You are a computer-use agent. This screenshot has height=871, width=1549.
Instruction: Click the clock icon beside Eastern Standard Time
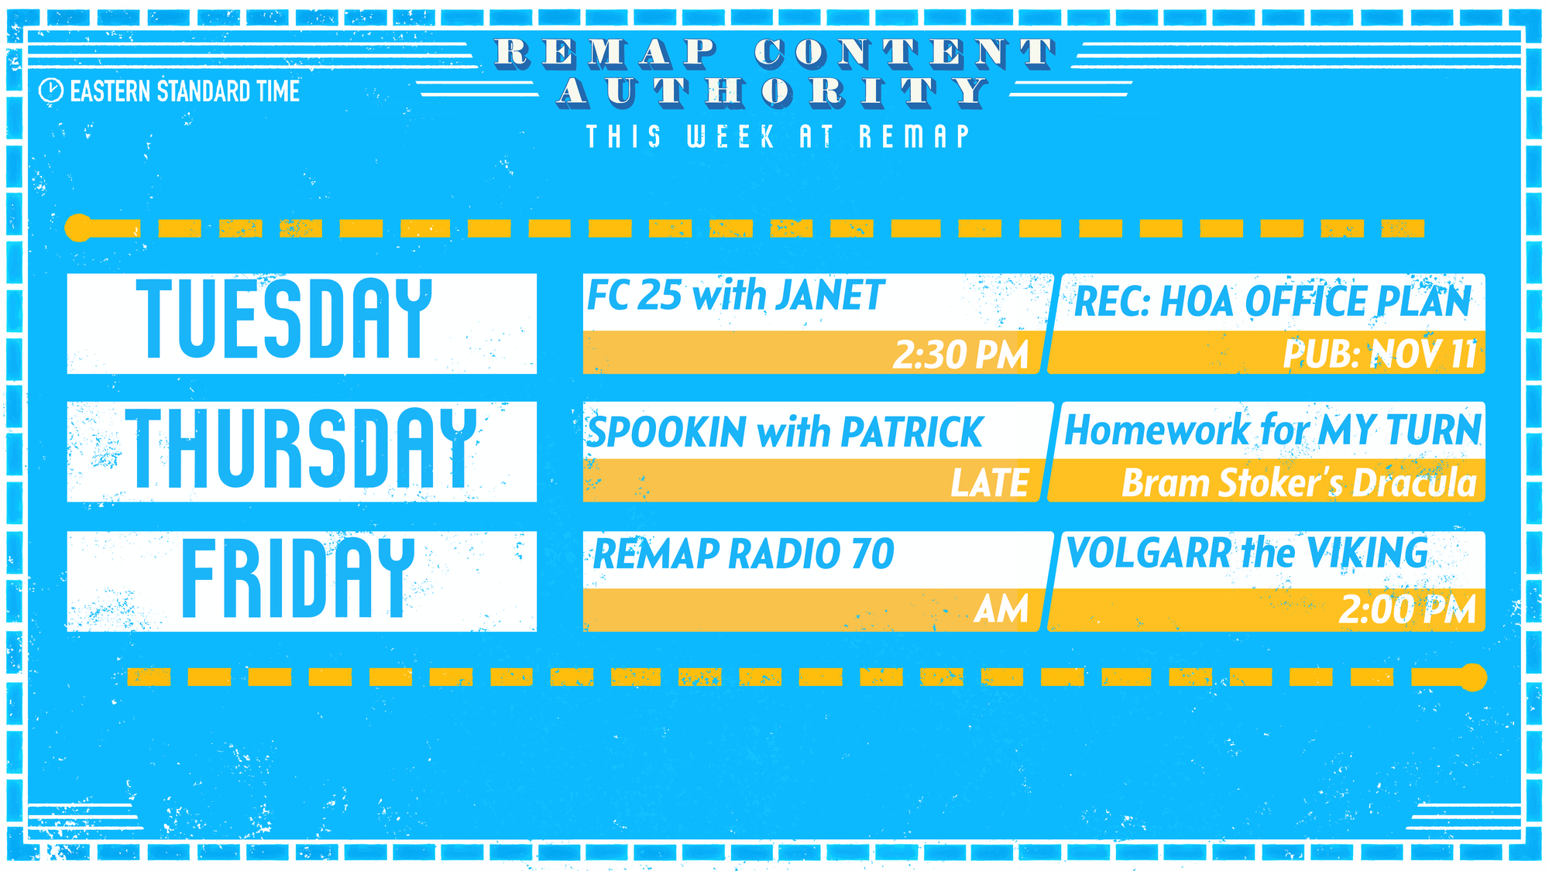click(x=50, y=91)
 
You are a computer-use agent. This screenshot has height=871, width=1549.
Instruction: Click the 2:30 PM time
click(x=960, y=355)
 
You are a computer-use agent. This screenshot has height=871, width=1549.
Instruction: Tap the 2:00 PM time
click(x=1407, y=609)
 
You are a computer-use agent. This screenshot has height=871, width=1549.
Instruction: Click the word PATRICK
click(x=912, y=432)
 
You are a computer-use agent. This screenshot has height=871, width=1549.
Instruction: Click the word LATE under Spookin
click(x=990, y=482)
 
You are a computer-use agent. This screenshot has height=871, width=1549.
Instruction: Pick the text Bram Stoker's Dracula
click(x=1300, y=482)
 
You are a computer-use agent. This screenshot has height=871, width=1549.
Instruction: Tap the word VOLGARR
click(x=1149, y=553)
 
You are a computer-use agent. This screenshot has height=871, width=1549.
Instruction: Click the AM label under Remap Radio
click(x=1001, y=609)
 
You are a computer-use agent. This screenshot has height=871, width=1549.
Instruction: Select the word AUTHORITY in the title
click(x=774, y=91)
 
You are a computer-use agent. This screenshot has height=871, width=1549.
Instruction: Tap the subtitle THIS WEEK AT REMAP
click(x=778, y=137)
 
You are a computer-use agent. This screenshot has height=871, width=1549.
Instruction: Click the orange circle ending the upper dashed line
click(x=79, y=228)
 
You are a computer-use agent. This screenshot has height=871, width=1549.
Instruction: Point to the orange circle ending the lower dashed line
click(x=1473, y=677)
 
